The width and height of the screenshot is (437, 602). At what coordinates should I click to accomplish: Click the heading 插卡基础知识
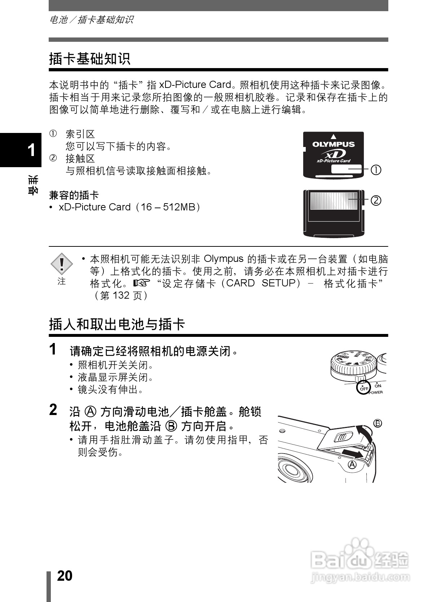pyautogui.click(x=89, y=59)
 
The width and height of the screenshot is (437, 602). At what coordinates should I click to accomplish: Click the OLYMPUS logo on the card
pyautogui.click(x=333, y=144)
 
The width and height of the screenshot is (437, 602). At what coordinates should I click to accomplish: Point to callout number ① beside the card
pyautogui.click(x=376, y=169)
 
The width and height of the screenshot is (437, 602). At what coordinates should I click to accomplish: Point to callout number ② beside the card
pyautogui.click(x=376, y=200)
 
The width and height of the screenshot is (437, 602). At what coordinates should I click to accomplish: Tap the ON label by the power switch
pyautogui.click(x=378, y=385)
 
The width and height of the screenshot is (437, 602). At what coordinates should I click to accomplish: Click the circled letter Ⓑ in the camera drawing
pyautogui.click(x=378, y=423)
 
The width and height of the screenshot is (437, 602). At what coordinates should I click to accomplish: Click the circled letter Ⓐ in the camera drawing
pyautogui.click(x=352, y=464)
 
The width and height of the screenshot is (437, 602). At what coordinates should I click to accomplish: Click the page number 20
pyautogui.click(x=65, y=576)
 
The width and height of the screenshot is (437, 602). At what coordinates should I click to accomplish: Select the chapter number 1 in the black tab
pyautogui.click(x=31, y=150)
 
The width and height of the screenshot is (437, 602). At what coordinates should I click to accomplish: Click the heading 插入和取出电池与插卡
pyautogui.click(x=117, y=324)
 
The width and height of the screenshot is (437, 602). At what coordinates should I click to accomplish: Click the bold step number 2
pyautogui.click(x=53, y=410)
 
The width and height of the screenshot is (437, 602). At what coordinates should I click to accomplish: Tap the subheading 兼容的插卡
pyautogui.click(x=74, y=195)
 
